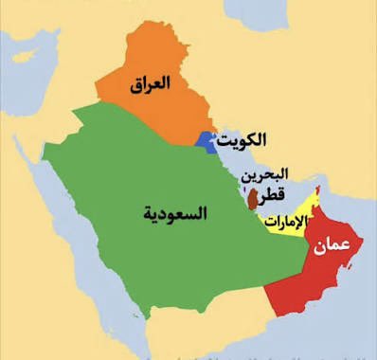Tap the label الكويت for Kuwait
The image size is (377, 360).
pyautogui.click(x=242, y=140)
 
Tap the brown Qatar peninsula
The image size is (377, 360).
pyautogui.click(x=253, y=198)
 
